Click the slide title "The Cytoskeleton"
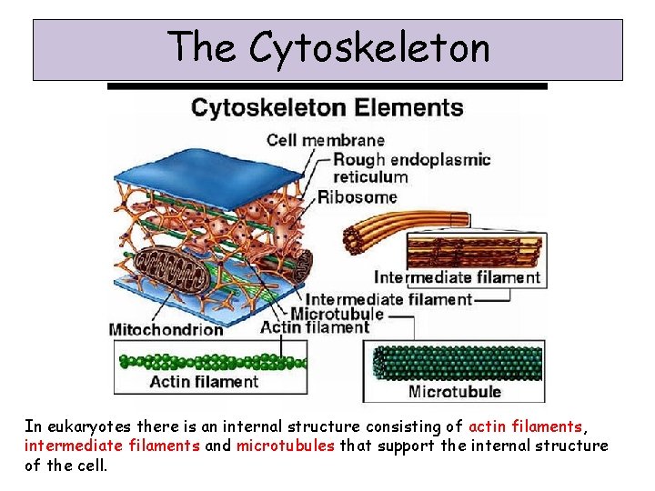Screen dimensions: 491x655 coord(328,47)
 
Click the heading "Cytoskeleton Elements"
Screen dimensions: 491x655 coord(327,107)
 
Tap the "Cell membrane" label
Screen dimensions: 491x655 coord(325,140)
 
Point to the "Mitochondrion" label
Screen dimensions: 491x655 coord(166,329)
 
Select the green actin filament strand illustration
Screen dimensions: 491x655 coord(209,359)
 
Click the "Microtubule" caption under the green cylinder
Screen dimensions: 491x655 coord(455,392)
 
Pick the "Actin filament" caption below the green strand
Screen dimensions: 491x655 coord(204,382)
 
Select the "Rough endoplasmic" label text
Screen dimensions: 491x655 coord(411,160)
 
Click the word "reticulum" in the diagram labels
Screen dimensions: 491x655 coord(370,177)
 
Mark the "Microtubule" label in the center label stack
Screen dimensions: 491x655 coord(345,314)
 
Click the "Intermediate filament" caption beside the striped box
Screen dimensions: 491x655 coord(457,277)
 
